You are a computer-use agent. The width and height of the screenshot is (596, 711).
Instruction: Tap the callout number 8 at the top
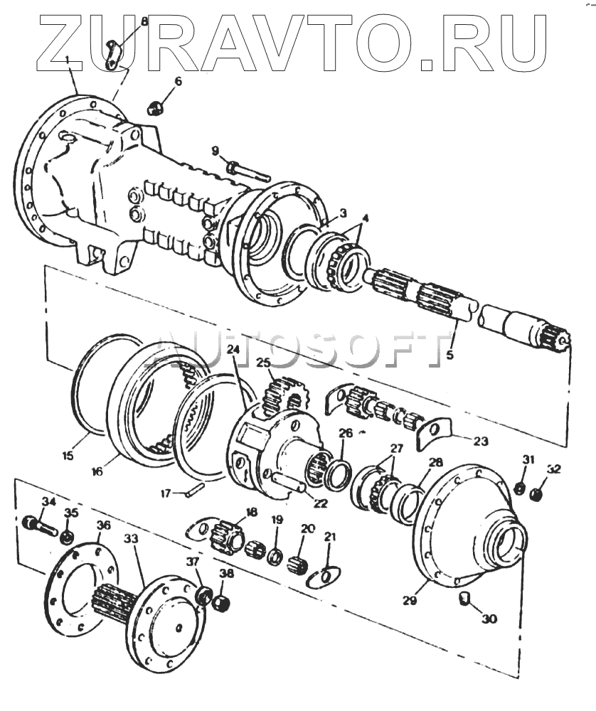(x=144, y=21)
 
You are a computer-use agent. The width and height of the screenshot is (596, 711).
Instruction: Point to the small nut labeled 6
(x=154, y=108)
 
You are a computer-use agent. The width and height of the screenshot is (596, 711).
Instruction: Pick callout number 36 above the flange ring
(x=103, y=526)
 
